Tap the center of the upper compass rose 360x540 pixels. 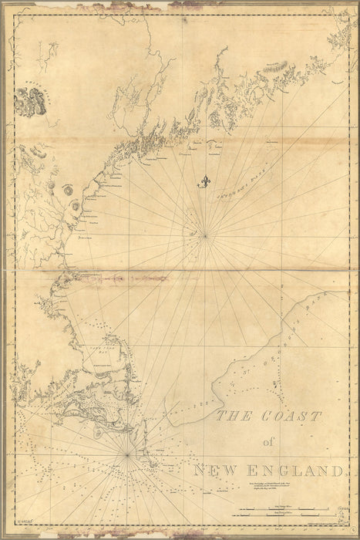pyautogui.click(x=205, y=235)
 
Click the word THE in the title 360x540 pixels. pyautogui.click(x=231, y=417)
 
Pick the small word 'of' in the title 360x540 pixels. pyautogui.click(x=267, y=442)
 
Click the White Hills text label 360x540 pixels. pyautogui.click(x=29, y=86)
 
